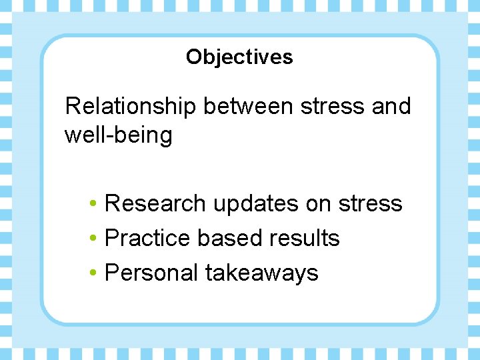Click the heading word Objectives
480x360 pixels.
point(239,57)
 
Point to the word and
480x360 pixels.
point(391,106)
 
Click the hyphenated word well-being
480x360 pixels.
point(118,135)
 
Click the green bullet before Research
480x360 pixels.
point(96,204)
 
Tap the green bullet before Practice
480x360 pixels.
point(96,239)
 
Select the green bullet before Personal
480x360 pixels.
point(96,273)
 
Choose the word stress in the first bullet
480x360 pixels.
point(371,204)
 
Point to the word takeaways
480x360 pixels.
point(262,273)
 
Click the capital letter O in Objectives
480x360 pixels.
point(193,57)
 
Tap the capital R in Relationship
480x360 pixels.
point(72,106)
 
